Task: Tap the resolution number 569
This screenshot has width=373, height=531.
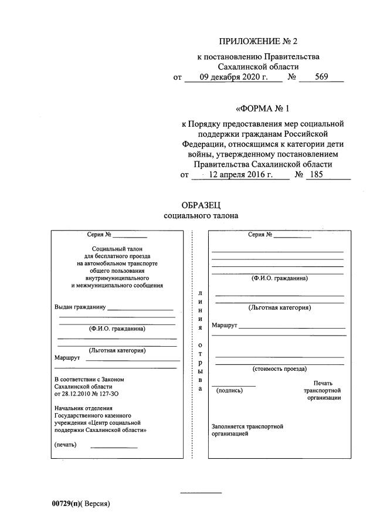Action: tap(321, 77)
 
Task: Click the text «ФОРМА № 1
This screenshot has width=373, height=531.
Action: tap(262, 109)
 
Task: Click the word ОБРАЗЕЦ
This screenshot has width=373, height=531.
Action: tap(201, 205)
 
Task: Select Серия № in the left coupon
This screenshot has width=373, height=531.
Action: tap(99, 235)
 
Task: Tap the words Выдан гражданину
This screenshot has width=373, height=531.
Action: tap(80, 307)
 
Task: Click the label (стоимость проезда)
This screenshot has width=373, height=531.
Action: tap(279, 369)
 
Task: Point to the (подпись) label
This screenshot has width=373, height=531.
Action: tap(229, 390)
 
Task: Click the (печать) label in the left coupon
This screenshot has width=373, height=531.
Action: tap(66, 444)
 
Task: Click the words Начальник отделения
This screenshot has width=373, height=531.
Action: tap(82, 407)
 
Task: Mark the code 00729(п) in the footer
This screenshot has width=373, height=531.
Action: tap(65, 503)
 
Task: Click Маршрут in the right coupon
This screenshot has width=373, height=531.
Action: tap(223, 325)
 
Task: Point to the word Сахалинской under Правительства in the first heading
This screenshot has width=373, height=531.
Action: tap(238, 66)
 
